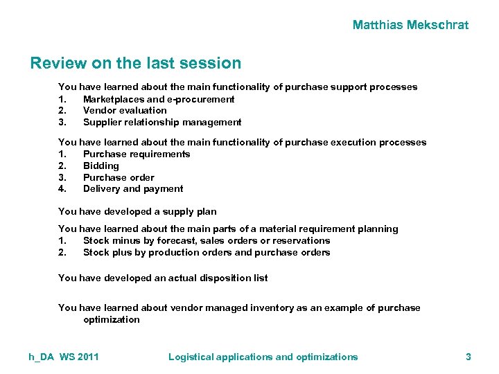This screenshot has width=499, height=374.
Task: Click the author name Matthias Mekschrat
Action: tap(410, 26)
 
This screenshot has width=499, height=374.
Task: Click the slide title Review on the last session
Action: tap(136, 64)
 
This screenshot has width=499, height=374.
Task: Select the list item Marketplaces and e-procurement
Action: tap(159, 99)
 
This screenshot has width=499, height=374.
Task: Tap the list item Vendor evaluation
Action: tap(125, 110)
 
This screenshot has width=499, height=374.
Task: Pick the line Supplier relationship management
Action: tap(162, 122)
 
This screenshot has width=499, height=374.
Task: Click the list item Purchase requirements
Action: tap(137, 154)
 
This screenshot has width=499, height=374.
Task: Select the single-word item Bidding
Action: tap(101, 166)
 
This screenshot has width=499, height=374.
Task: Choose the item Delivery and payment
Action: tap(133, 188)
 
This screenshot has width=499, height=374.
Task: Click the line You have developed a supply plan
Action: tap(137, 212)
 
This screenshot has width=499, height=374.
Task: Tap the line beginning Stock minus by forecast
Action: tap(207, 240)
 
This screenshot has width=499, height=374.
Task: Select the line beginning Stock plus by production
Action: tap(207, 252)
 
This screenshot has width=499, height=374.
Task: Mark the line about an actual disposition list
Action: tap(163, 278)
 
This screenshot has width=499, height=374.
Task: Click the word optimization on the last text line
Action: tap(111, 319)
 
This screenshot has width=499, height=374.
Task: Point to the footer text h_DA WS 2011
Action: tap(64, 357)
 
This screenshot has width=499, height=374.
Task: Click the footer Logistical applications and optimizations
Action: tap(263, 357)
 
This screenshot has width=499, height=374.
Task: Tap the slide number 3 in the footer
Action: tap(469, 357)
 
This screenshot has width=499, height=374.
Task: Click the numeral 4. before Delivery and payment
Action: tap(62, 188)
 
